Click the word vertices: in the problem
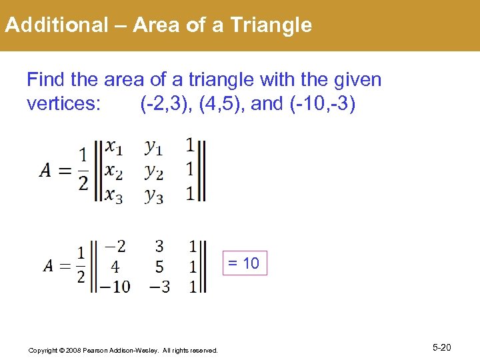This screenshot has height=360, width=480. pos(63,105)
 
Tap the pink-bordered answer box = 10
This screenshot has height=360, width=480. pos(243,263)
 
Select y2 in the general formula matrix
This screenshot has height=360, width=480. pos(154,171)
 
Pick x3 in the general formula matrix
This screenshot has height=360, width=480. pos(115,195)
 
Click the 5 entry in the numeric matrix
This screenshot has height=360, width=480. pos(159,267)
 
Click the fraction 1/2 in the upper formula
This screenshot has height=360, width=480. pos(83,169)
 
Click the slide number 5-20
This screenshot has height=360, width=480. pos(442,347)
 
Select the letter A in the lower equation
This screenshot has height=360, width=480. pos(49,267)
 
